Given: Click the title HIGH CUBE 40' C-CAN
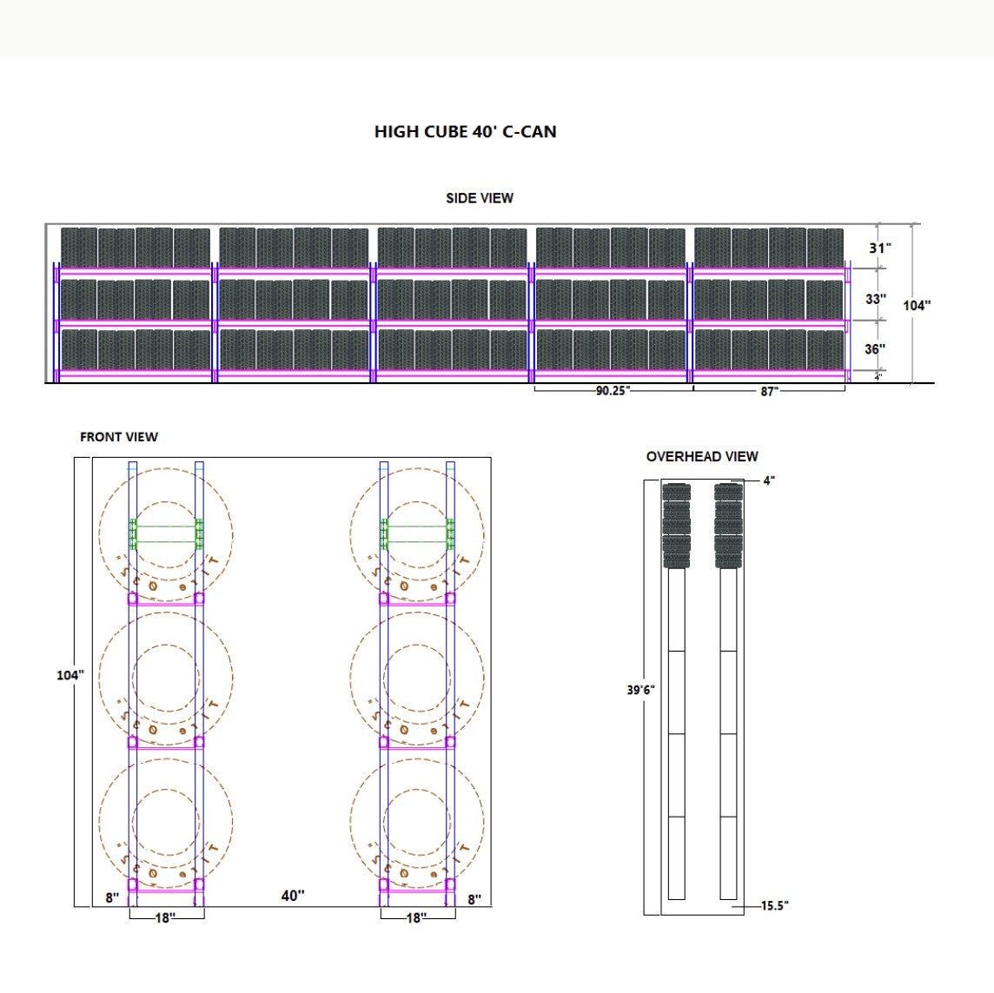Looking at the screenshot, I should click(465, 132).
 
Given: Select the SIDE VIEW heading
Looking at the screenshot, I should click(480, 198).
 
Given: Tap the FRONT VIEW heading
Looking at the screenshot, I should click(119, 437).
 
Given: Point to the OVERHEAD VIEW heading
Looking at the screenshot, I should click(702, 456).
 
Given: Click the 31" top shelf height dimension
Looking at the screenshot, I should click(880, 248).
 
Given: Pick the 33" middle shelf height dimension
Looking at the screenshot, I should click(876, 299).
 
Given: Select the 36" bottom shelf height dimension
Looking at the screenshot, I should click(876, 349).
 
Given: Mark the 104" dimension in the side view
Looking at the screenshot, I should click(917, 305).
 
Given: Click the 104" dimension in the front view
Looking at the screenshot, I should click(70, 675).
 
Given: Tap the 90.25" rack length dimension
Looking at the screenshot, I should click(613, 391).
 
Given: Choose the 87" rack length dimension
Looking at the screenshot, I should click(769, 392).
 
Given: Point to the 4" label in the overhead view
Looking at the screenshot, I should click(769, 480).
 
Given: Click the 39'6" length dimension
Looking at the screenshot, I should click(641, 690).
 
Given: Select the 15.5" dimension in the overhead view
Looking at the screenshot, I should click(774, 906).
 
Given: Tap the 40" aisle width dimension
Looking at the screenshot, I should click(293, 896).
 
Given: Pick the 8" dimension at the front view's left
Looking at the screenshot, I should click(112, 898).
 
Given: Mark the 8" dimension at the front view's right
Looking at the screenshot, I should click(474, 899).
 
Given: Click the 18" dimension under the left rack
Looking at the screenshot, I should click(165, 917).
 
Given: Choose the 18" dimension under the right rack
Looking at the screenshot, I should click(416, 917).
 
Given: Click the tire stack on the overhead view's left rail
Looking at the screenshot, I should click(676, 526).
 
